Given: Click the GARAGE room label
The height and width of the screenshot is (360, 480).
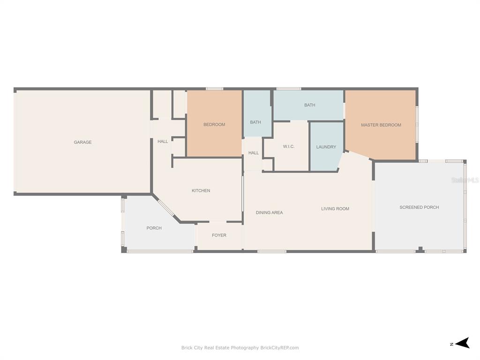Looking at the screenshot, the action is [x=82, y=142].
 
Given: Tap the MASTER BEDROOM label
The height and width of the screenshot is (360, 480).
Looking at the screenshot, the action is [x=381, y=125].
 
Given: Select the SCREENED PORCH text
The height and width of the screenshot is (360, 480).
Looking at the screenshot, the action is [x=419, y=207].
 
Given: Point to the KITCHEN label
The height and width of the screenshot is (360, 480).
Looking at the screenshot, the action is [x=201, y=191].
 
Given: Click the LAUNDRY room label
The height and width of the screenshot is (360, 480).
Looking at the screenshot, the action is [x=326, y=147].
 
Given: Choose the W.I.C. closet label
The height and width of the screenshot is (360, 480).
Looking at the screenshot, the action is [x=289, y=147].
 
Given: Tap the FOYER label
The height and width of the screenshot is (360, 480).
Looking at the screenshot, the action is [x=219, y=235].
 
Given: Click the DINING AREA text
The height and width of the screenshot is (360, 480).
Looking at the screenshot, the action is [x=270, y=212].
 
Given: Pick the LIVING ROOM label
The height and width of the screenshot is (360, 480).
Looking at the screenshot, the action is [x=335, y=209].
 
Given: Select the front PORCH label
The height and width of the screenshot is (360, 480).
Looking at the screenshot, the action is [x=154, y=228].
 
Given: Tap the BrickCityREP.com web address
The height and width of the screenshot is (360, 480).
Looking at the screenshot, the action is [x=279, y=348].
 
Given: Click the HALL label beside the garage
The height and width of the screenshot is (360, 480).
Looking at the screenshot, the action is [x=163, y=142].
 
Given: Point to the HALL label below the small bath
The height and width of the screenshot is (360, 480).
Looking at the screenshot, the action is [x=254, y=153].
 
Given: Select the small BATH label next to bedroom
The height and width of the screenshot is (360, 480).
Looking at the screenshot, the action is [x=255, y=122].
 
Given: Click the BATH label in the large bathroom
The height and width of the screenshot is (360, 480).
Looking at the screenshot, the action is [x=309, y=105].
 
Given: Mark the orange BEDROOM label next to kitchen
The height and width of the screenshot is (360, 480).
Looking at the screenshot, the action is [x=214, y=125].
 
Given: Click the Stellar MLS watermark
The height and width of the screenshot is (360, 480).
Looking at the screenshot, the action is [x=465, y=180].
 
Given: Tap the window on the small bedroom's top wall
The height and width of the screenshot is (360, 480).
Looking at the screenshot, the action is [x=214, y=89].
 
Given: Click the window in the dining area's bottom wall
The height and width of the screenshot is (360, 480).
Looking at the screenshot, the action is [x=272, y=251].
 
